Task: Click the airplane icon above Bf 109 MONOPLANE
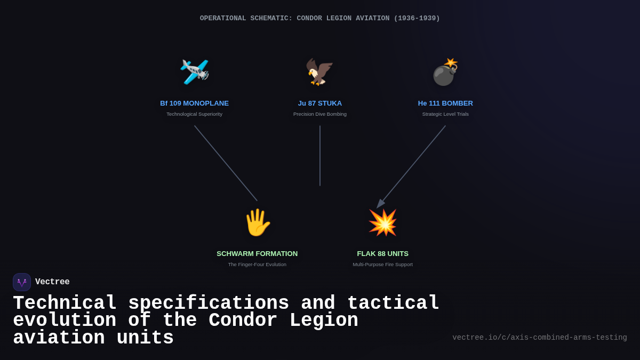point(195,72)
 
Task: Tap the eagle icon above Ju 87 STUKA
point(319,72)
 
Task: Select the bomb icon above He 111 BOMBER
point(445,72)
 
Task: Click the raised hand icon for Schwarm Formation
point(257,222)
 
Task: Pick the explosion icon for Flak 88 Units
point(382,222)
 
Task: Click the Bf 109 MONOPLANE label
point(194,103)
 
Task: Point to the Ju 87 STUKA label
point(320,103)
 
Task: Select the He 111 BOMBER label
point(445,103)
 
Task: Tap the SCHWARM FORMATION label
point(257,254)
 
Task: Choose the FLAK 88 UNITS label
point(382,254)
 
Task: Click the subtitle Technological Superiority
point(194,114)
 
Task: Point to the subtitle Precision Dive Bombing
point(320,114)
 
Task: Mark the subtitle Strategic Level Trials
point(445,114)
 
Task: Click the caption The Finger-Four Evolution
point(257,265)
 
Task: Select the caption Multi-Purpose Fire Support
point(382,265)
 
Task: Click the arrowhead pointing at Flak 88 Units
point(380,204)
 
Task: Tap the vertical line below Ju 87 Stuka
point(320,156)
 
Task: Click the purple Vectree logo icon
point(22,282)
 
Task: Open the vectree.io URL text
point(539,338)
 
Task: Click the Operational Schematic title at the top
point(320,19)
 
